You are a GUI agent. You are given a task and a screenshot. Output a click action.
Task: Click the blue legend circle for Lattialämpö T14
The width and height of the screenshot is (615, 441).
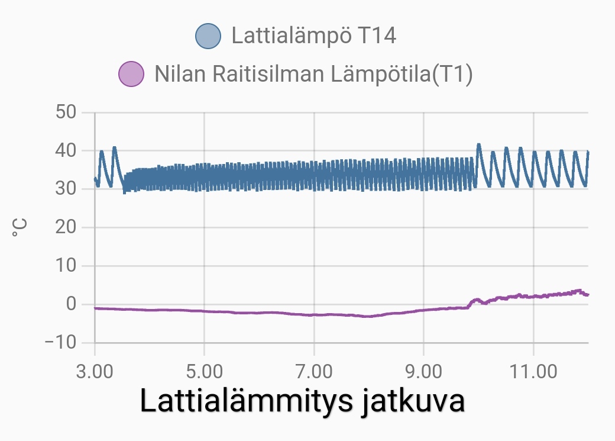click(x=208, y=36)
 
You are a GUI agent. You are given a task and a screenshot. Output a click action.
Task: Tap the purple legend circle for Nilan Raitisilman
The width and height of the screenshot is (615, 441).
click(x=131, y=75)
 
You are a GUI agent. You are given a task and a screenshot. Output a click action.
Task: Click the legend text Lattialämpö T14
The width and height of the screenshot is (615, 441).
click(x=313, y=36)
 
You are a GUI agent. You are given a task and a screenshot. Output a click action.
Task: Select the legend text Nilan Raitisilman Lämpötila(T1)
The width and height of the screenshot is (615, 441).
click(x=313, y=75)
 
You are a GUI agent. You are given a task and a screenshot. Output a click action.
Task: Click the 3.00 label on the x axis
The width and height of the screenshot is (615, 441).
click(x=95, y=372)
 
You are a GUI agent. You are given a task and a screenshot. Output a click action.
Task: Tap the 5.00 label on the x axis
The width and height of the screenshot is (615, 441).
click(x=204, y=372)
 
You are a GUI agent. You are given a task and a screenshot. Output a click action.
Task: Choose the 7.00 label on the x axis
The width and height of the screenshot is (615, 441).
click(x=314, y=372)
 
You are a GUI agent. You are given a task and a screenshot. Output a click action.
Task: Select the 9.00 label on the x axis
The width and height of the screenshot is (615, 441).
click(x=423, y=372)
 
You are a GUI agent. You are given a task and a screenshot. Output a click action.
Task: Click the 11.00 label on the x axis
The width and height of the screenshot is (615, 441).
click(x=533, y=372)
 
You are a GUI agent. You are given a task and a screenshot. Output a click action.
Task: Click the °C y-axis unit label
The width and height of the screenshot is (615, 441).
click(x=19, y=227)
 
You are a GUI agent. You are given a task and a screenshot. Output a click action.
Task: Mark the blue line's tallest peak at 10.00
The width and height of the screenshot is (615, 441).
click(x=478, y=144)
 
